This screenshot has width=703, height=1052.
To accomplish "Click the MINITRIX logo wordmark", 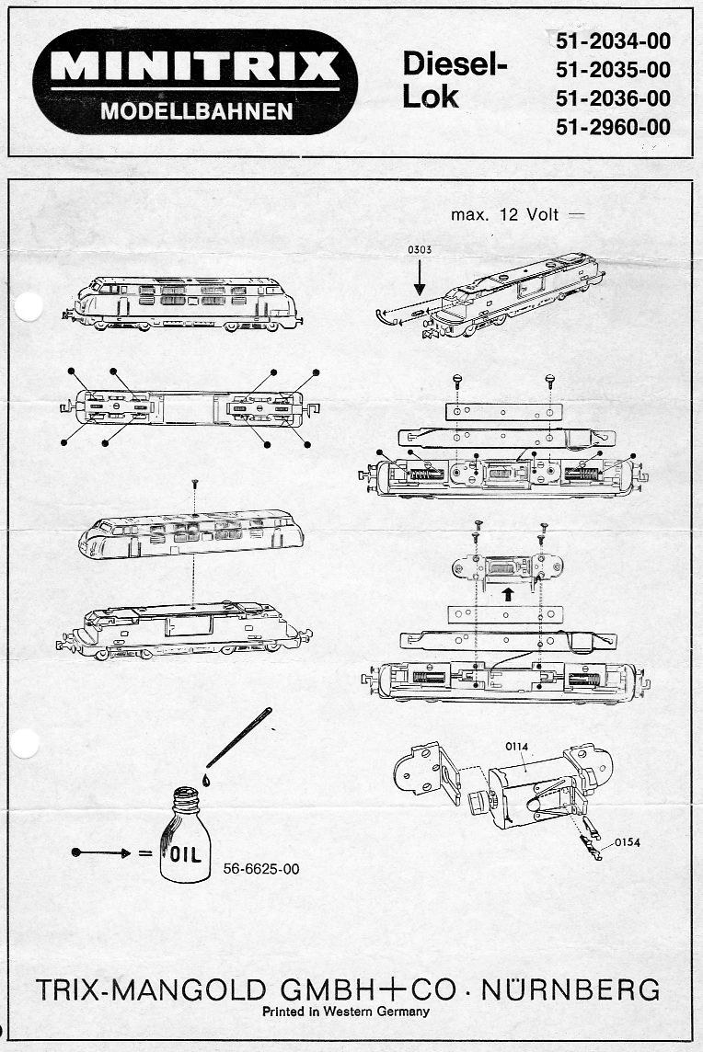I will click(195, 66).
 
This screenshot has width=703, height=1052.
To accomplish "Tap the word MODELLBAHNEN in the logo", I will click(197, 112).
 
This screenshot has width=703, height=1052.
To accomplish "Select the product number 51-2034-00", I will click(613, 40).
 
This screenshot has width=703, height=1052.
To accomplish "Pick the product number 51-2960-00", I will click(613, 127).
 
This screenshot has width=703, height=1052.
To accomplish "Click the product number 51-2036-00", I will click(613, 98).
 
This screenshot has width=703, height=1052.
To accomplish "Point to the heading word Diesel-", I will click(455, 63).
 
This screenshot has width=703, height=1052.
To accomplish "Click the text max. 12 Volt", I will click(505, 215).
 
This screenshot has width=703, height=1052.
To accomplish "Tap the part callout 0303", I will click(419, 249).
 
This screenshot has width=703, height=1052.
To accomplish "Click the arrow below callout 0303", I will click(420, 277).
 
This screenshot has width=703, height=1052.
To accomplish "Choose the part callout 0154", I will click(627, 840).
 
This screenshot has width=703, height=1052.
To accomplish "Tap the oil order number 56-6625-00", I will click(261, 868).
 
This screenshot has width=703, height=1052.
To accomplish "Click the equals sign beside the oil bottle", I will click(144, 853).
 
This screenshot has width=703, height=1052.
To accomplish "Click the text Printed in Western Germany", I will click(346, 1012).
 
